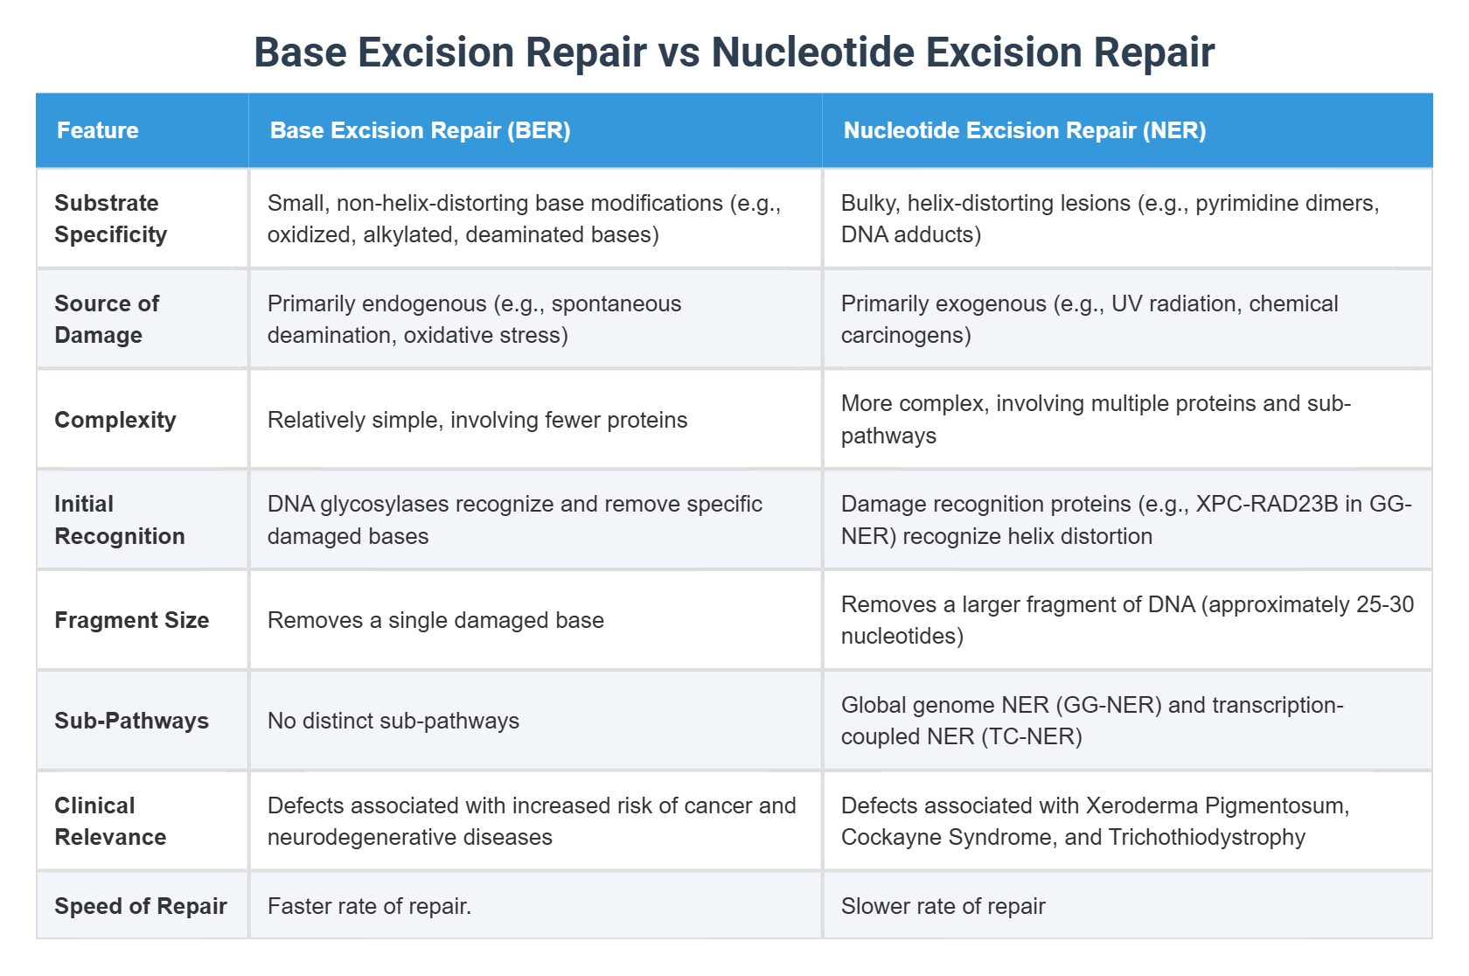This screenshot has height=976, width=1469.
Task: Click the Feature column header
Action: click(98, 130)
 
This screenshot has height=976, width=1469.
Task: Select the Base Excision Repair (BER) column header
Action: click(420, 130)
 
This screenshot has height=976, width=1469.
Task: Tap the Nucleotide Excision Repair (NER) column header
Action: click(1024, 130)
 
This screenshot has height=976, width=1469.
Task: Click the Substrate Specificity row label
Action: click(111, 219)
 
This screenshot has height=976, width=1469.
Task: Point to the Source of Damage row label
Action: click(107, 319)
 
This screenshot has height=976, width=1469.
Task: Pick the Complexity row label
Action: click(115, 420)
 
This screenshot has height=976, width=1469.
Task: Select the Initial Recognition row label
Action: click(119, 519)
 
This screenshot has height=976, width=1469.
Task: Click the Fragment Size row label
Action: click(131, 620)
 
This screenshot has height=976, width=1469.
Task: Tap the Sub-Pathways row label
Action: click(131, 721)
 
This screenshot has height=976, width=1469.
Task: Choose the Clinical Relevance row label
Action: click(110, 821)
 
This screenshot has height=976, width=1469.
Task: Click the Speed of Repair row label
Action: click(140, 906)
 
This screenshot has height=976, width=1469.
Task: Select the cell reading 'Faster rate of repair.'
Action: click(369, 906)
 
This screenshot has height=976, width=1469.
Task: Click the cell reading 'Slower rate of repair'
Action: click(943, 906)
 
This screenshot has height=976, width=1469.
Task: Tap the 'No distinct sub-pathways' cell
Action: click(393, 721)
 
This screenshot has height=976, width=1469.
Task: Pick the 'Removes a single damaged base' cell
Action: click(435, 620)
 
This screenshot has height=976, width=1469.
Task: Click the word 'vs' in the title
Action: click(679, 52)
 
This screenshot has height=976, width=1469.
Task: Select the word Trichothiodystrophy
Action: click(1207, 837)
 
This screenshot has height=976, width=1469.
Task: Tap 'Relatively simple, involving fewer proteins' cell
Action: click(477, 420)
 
